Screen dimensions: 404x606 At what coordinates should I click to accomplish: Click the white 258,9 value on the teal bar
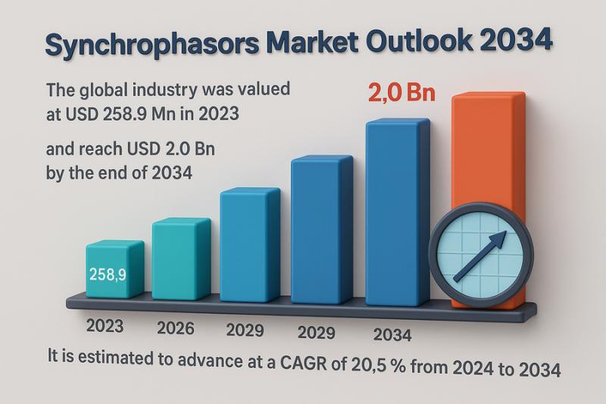(107, 273)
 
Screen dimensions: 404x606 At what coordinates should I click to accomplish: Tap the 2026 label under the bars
(176, 328)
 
